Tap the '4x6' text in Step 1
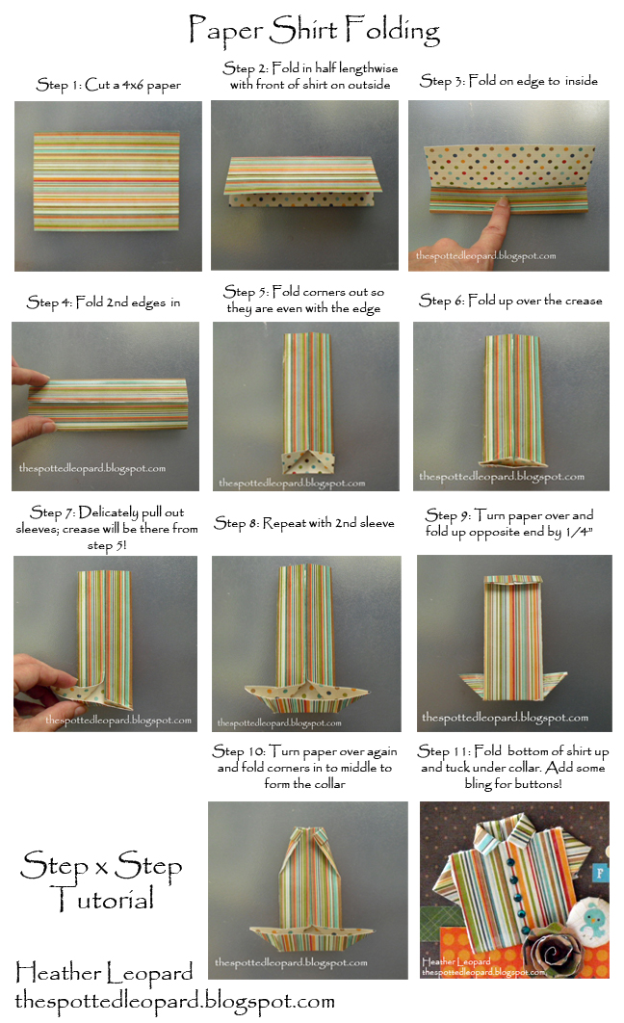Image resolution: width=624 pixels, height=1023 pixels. pos(132,85)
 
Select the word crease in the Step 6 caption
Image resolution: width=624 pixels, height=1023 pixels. pos(583,301)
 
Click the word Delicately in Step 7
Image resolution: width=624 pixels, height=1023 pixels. pos(109,512)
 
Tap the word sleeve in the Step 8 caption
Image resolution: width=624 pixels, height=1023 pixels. pos(377,523)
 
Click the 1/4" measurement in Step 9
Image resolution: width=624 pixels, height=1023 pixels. pos(579,532)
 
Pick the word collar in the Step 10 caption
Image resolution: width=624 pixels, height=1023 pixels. pos(328,783)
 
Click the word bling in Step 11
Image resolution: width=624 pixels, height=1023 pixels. pos(479,784)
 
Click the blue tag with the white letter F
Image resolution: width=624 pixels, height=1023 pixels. pos(600,873)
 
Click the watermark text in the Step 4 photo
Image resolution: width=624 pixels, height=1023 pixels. pos(91,468)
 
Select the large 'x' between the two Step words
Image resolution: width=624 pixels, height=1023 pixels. pos(101,868)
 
